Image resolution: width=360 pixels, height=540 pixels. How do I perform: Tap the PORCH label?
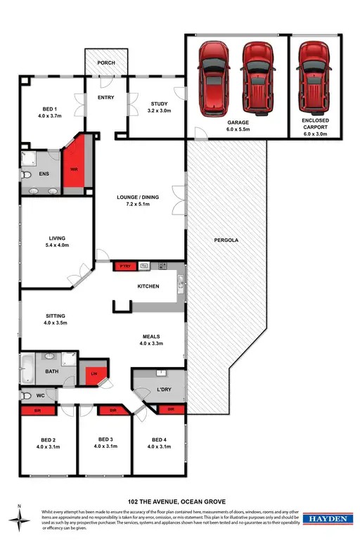[106, 63]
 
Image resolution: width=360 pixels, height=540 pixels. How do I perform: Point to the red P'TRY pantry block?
[125, 266]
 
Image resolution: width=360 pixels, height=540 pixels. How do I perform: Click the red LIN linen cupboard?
[94, 374]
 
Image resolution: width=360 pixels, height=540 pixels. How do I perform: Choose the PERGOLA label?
[226, 240]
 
